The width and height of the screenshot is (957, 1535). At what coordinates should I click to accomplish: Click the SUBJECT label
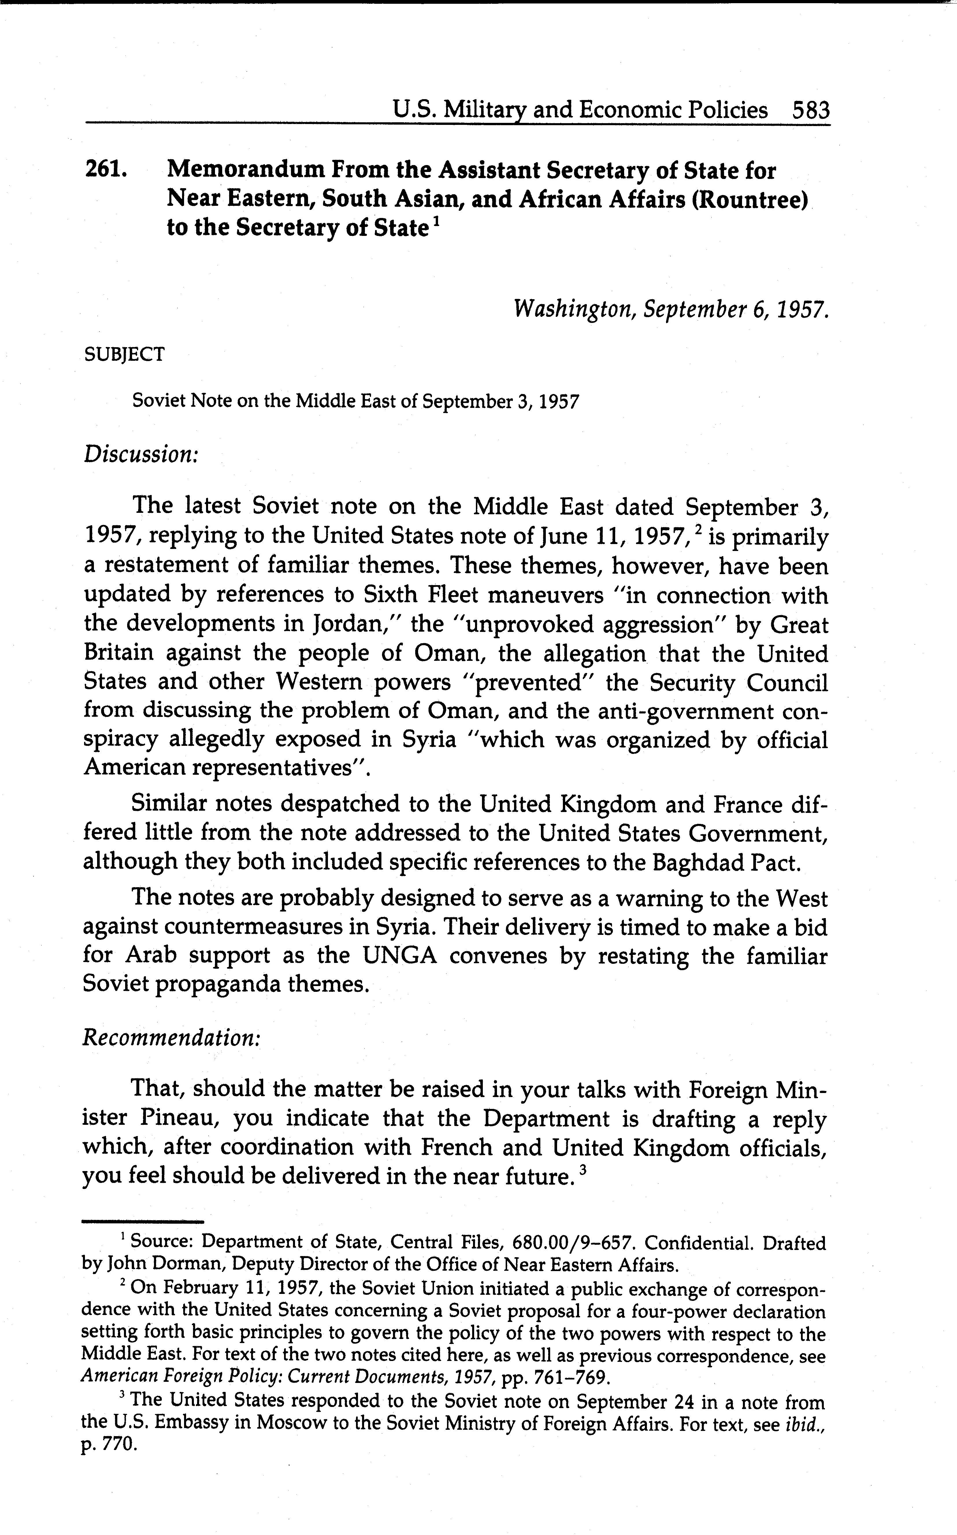124,355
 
